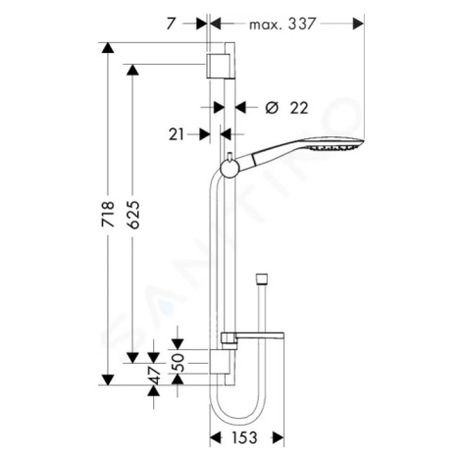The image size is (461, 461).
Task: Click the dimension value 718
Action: click(x=108, y=214)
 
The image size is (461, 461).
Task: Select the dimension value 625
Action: click(x=133, y=214)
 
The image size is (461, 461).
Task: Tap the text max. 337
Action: click(x=282, y=24)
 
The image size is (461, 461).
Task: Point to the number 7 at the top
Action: click(x=171, y=24)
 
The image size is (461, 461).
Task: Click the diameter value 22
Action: click(x=299, y=108)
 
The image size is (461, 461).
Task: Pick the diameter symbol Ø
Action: click(x=272, y=108)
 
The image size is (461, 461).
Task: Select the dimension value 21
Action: click(x=177, y=134)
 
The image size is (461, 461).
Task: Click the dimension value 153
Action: click(x=244, y=437)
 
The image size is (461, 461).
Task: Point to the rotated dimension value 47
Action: click(x=154, y=376)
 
